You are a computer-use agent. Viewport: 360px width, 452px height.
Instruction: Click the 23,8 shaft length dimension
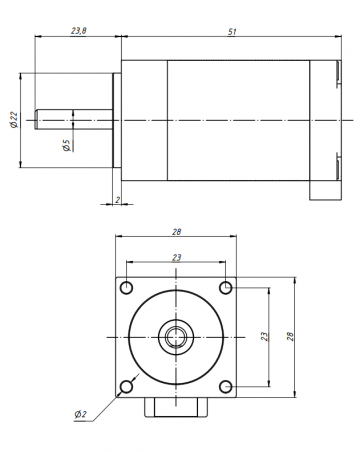[79, 31]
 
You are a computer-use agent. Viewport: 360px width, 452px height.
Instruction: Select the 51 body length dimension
[232, 32]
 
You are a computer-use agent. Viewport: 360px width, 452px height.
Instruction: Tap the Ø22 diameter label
[14, 120]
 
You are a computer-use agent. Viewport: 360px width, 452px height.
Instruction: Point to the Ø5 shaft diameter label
[67, 145]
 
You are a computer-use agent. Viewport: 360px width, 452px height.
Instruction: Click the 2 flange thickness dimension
[117, 200]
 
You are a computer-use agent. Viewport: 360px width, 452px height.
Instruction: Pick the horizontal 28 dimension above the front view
[177, 232]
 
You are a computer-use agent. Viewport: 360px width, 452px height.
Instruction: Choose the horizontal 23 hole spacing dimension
[177, 258]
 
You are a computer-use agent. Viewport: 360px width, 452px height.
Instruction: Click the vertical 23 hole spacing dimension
[264, 336]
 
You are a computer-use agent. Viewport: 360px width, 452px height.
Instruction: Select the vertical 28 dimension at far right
[291, 336]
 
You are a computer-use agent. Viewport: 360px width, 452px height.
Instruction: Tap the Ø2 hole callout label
[80, 414]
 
